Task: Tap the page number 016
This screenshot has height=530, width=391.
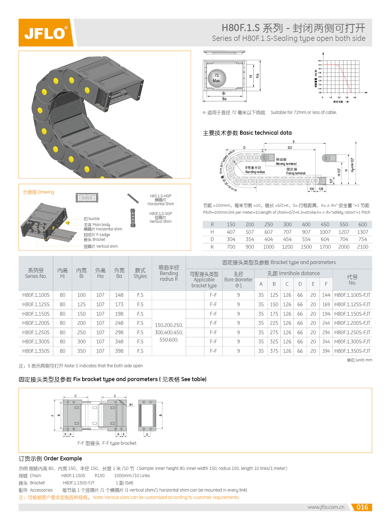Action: (x=362, y=507)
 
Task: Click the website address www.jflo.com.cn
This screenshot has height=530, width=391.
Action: (x=326, y=507)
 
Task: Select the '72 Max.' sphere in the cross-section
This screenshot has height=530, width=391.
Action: (x=217, y=78)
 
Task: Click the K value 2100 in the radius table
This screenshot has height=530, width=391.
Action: (x=362, y=247)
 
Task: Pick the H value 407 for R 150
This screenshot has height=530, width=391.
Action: (x=231, y=232)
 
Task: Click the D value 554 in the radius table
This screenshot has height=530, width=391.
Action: (x=306, y=239)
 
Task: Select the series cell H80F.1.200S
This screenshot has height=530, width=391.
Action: (x=36, y=323)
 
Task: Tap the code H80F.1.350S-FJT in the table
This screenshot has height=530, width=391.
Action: (x=352, y=351)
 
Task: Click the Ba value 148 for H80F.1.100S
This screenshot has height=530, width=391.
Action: (x=119, y=295)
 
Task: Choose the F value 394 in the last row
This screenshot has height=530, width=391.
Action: (x=326, y=351)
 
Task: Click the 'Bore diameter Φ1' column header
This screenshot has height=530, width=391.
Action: (x=238, y=279)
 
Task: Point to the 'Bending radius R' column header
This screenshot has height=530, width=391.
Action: (x=169, y=273)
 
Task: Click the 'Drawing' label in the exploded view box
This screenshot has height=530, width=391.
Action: (x=38, y=192)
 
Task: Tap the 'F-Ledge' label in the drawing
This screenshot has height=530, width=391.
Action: (x=97, y=235)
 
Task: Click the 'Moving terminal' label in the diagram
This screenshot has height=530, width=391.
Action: (x=286, y=164)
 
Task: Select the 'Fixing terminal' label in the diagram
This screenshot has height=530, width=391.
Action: (x=296, y=173)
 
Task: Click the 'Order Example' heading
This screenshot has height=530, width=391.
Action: (x=50, y=459)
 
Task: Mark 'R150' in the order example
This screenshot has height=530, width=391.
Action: (x=100, y=476)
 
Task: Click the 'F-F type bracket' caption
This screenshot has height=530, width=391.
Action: (x=107, y=443)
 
